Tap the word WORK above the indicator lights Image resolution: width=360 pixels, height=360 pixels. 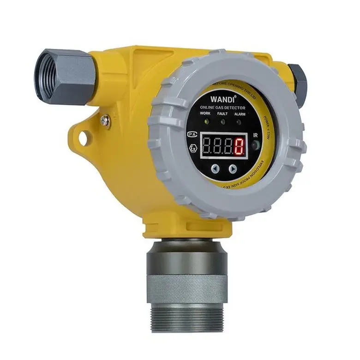pos(206,114)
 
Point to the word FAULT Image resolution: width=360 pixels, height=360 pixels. pos(222,114)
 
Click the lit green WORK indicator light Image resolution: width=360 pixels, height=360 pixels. pos(206,121)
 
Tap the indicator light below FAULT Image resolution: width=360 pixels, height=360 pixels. pos(222,122)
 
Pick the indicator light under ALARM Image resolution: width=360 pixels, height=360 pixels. pos(238,122)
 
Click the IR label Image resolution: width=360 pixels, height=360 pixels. pos(255,136)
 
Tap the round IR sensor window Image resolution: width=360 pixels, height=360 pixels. pos(254,146)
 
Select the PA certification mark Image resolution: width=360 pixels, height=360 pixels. pos(191,134)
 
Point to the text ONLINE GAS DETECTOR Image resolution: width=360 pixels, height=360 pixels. pos(223,108)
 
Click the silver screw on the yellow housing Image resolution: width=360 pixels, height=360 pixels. pos(105,121)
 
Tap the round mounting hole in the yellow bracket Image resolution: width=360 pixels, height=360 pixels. pos(84,137)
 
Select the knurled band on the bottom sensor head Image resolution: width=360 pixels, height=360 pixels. pos(187,288)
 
